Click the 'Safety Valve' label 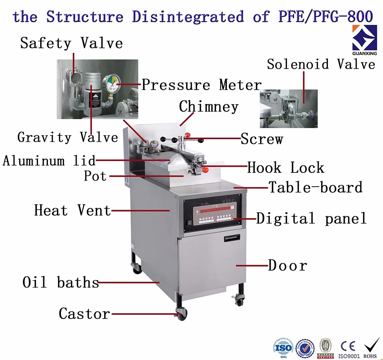click(72, 43)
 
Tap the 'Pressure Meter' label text click(201, 85)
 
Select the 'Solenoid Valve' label click(321, 64)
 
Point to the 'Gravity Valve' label click(68, 137)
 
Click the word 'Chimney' click(209, 107)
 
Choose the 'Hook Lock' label click(286, 168)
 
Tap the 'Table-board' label click(316, 187)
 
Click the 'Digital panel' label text click(311, 219)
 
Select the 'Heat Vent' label click(72, 210)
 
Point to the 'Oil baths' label click(61, 283)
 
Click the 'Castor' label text click(84, 314)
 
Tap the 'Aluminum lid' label click(49, 160)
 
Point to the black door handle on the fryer click(232, 238)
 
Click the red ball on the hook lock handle click(205, 169)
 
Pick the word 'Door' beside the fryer click(288, 265)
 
